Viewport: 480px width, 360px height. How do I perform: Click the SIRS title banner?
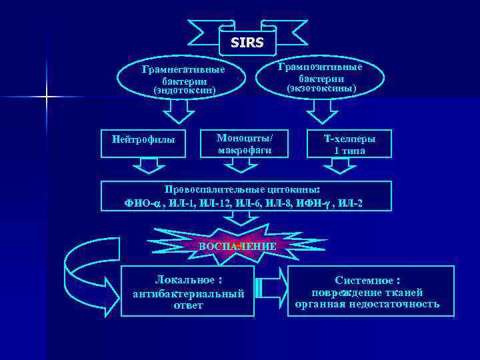(247, 43)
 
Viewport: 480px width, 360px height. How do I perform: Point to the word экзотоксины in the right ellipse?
(321, 88)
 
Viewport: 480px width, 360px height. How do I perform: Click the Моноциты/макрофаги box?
(245, 144)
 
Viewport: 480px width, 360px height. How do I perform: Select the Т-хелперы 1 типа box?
(349, 145)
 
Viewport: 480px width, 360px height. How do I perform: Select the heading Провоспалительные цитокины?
(243, 189)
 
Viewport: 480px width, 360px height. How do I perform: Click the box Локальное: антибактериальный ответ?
(188, 291)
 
